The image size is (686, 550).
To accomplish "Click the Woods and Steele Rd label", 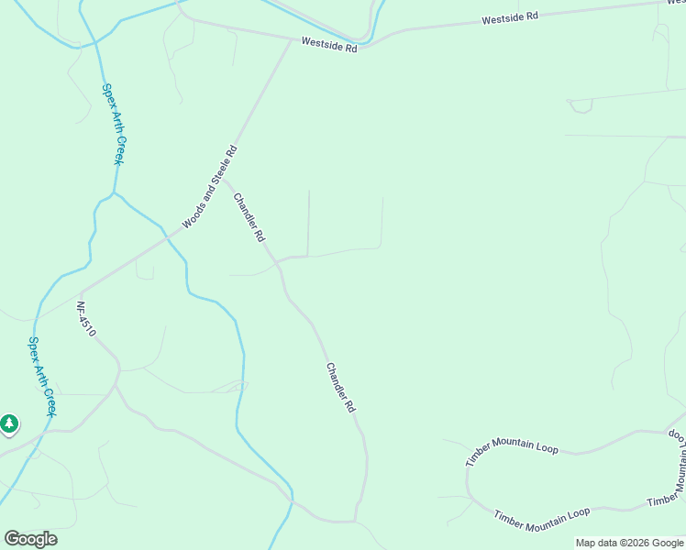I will pyautogui.click(x=210, y=187).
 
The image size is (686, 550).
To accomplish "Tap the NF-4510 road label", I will pyautogui.click(x=85, y=320).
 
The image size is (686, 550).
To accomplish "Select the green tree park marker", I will pyautogui.click(x=9, y=424).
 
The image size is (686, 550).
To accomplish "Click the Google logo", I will pyautogui.click(x=30, y=539).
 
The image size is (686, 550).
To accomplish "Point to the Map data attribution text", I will pyautogui.click(x=629, y=543).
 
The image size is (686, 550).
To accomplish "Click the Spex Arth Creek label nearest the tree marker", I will pyautogui.click(x=42, y=377).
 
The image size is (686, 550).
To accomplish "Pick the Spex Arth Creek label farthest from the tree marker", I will pyautogui.click(x=112, y=125).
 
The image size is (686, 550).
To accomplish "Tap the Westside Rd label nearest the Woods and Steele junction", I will pyautogui.click(x=328, y=44).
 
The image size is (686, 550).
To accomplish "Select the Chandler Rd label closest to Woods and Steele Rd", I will pyautogui.click(x=249, y=217).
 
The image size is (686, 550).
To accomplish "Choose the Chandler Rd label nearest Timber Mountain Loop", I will pyautogui.click(x=339, y=387).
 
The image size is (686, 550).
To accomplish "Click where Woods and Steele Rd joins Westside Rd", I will pyautogui.click(x=293, y=39).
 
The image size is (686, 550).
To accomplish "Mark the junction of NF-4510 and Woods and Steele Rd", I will pyautogui.click(x=81, y=292).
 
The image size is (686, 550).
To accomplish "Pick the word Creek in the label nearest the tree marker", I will pyautogui.click(x=49, y=400).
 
